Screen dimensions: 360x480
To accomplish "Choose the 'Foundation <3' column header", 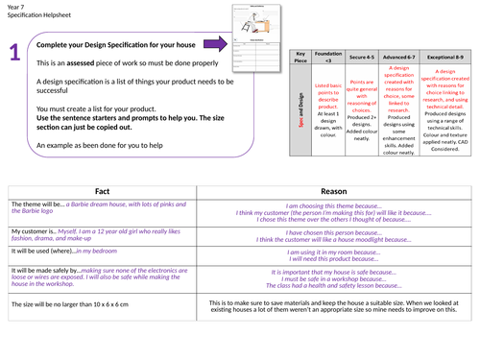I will [x=329, y=57].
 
